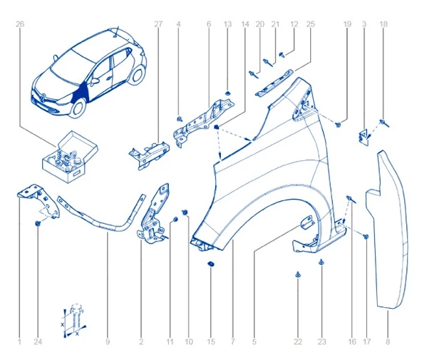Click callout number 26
pyautogui.click(x=20, y=24)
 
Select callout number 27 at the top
pyautogui.click(x=158, y=24)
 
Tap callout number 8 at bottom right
pyautogui.click(x=388, y=342)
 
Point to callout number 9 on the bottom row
pyautogui.click(x=108, y=342)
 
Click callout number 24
pyautogui.click(x=38, y=342)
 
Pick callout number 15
pyautogui.click(x=210, y=342)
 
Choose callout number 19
pyautogui.click(x=347, y=24)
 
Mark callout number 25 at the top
pyautogui.click(x=310, y=24)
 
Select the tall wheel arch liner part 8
pyautogui.click(x=388, y=228)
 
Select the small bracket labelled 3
pyautogui.click(x=364, y=135)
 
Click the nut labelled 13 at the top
pyautogui.click(x=227, y=93)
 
